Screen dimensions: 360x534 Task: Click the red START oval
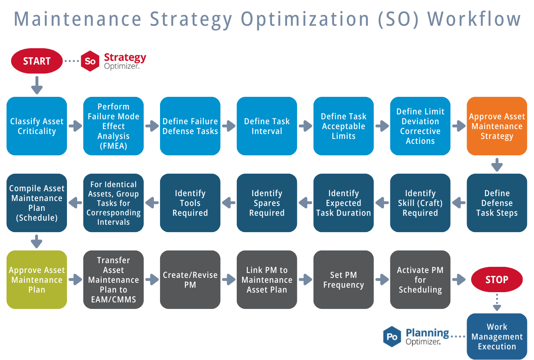click(x=37, y=61)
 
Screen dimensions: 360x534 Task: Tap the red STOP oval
click(x=497, y=280)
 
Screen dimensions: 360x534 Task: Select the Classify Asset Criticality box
click(x=37, y=126)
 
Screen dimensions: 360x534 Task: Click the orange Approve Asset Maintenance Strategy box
click(x=497, y=126)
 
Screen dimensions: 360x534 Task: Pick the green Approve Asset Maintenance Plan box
click(x=37, y=280)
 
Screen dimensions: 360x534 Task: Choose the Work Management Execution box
click(x=497, y=337)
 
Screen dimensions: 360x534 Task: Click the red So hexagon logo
click(x=90, y=61)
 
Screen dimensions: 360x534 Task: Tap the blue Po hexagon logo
click(x=392, y=337)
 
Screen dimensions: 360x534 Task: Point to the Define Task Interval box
click(x=267, y=126)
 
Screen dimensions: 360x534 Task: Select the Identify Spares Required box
click(x=267, y=203)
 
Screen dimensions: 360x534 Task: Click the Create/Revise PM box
click(x=190, y=280)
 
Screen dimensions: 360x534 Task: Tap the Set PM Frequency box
click(x=343, y=280)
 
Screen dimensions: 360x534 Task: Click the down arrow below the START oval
click(x=37, y=85)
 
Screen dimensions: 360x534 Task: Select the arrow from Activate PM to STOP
click(x=459, y=280)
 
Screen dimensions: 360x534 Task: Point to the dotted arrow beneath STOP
click(x=497, y=302)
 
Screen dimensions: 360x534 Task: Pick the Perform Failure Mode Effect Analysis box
click(x=113, y=126)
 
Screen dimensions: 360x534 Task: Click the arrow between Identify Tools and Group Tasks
click(x=152, y=201)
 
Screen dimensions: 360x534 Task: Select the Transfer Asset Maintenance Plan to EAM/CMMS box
click(x=113, y=280)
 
